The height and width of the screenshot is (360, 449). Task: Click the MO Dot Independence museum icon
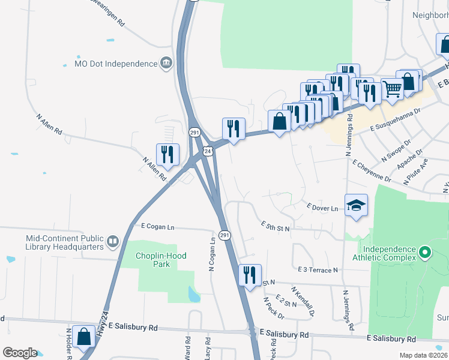(166, 64)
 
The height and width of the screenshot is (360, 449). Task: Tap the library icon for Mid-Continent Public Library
(112, 242)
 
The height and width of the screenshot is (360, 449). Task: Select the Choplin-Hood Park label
(160, 260)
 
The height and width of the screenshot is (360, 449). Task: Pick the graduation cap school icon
(356, 205)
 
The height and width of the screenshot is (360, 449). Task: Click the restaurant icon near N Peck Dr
(250, 275)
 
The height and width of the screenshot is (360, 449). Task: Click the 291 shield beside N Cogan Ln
(224, 235)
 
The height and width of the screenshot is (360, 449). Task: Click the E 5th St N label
(276, 226)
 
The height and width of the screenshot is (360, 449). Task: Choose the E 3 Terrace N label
(318, 271)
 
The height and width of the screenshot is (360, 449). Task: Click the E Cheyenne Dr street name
(372, 170)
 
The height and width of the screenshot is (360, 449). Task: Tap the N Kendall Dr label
(303, 301)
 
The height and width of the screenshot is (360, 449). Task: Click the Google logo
(20, 353)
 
